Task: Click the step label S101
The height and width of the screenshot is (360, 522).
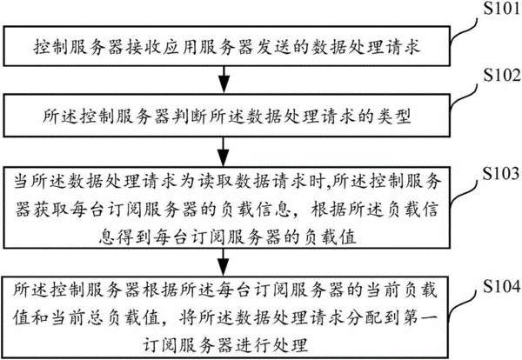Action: click(502, 8)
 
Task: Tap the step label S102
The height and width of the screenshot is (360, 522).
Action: click(502, 75)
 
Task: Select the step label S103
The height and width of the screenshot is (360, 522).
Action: click(501, 173)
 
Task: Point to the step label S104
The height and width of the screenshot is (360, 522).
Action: click(502, 286)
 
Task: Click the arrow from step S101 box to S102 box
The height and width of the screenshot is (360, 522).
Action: click(224, 80)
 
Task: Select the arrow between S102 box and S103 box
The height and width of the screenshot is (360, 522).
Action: click(224, 151)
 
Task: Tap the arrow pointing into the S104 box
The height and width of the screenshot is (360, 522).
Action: click(224, 262)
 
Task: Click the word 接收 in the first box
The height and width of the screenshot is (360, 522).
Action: click(144, 47)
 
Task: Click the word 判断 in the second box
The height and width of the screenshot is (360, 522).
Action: click(190, 117)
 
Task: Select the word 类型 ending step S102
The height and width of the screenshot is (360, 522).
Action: click(394, 117)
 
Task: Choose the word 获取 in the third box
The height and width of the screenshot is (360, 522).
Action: click(51, 210)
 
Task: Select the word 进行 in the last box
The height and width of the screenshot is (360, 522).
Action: click(253, 345)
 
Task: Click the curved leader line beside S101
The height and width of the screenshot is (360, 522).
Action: click(464, 31)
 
